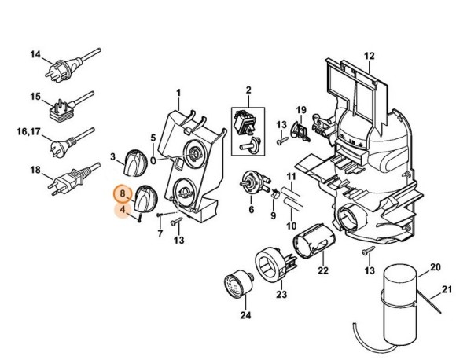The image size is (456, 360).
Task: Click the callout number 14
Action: click(x=35, y=54)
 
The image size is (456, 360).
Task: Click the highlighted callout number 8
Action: click(x=121, y=193)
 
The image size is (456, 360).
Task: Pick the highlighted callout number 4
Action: click(x=121, y=210)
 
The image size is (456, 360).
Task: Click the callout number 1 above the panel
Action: click(x=178, y=94)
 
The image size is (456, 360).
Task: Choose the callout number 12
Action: click(x=370, y=54)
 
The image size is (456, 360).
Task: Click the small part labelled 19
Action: click(x=300, y=130)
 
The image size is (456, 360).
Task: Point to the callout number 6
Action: click(x=251, y=210)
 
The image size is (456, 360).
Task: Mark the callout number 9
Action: click(x=273, y=215)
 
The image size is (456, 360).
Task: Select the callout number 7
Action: click(x=160, y=233)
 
